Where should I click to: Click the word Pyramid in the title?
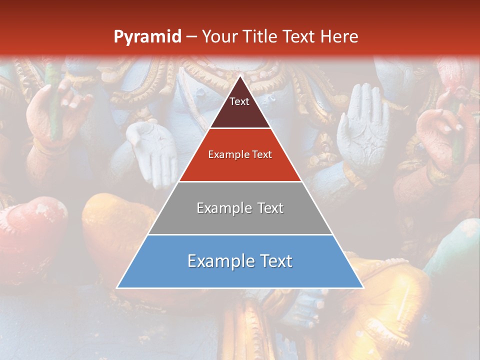point(147,37)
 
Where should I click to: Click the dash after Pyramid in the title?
point(191,37)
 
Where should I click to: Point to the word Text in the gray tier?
point(267,208)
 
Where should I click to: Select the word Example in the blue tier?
point(216,261)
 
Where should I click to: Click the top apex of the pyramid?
point(240,76)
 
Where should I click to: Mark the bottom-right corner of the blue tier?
point(362,287)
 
